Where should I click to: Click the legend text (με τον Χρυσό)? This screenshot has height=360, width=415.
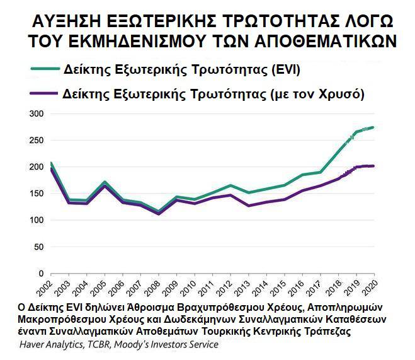(317, 93)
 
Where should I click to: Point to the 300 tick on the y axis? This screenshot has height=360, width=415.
(35, 113)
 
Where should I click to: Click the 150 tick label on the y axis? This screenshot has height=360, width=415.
(35, 194)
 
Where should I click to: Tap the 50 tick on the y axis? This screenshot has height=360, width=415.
(38, 247)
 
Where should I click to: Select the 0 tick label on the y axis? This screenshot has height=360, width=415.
(40, 274)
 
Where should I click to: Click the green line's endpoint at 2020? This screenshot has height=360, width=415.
(374, 127)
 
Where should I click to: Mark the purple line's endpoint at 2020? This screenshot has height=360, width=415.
(374, 166)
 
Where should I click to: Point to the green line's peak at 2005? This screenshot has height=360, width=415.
(105, 182)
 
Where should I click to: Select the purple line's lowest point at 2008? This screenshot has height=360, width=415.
(159, 214)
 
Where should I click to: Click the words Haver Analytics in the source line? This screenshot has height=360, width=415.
(48, 345)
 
